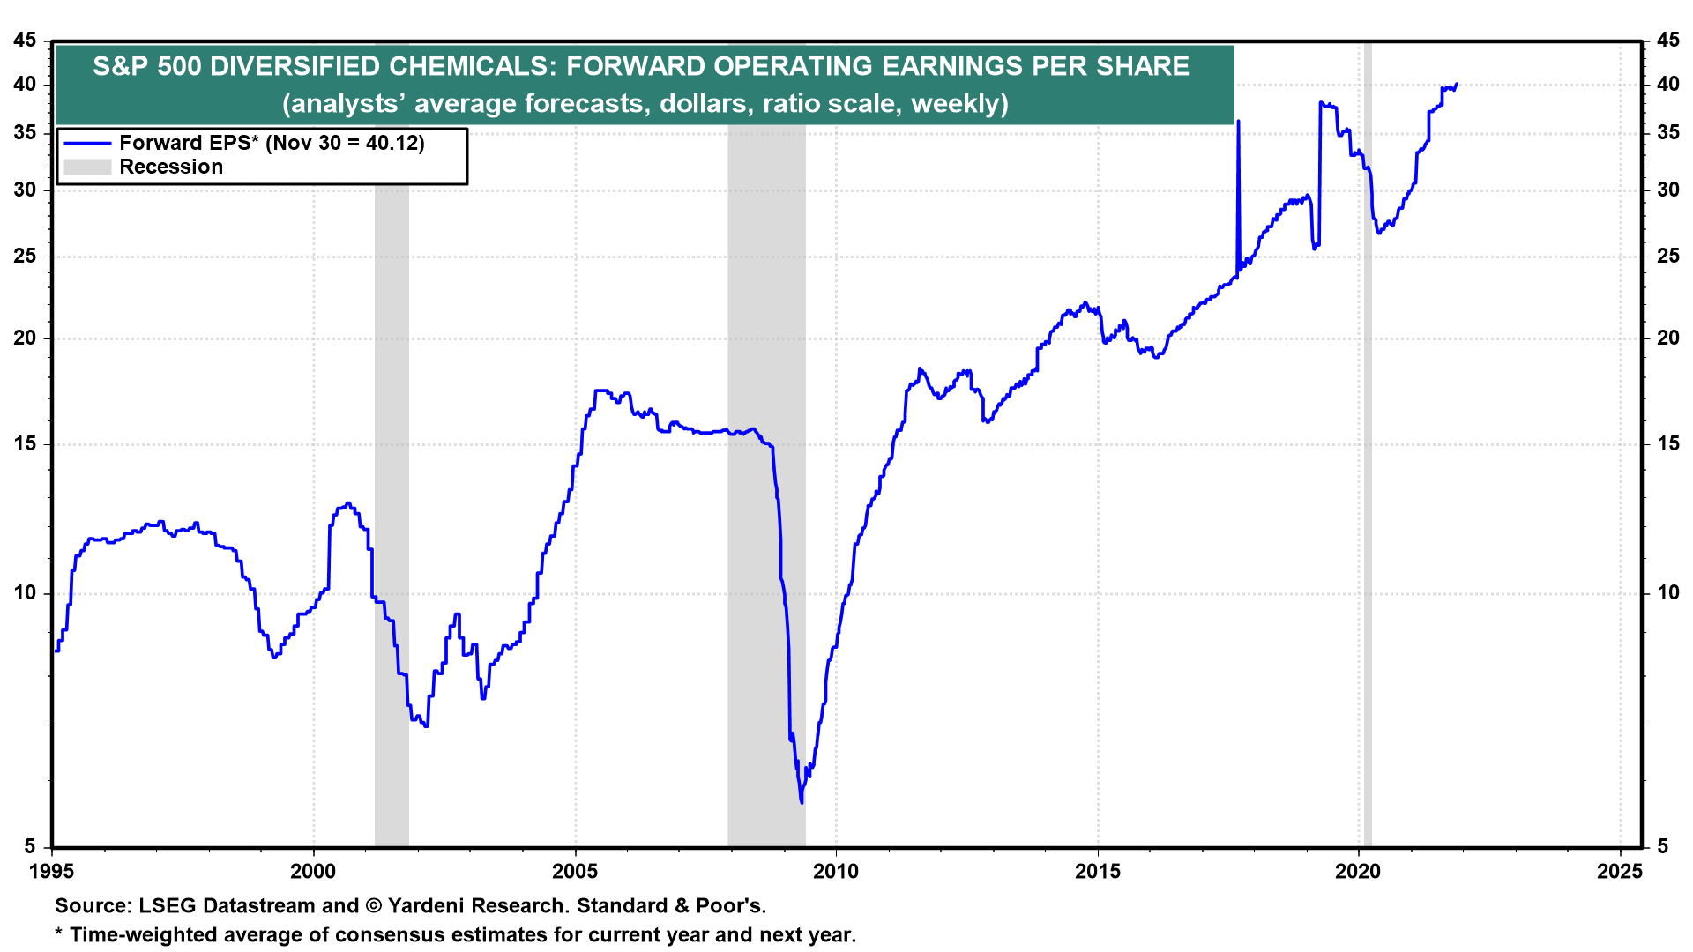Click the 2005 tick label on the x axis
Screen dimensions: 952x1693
(574, 872)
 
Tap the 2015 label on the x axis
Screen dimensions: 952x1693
(1097, 872)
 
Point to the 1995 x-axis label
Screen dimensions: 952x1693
(52, 872)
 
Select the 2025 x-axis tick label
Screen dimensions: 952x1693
(1620, 872)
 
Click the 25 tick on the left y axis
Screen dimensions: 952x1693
(26, 257)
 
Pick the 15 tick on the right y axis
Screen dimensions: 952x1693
(1667, 444)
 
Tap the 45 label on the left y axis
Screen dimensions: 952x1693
(26, 41)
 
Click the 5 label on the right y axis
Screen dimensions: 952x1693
(1662, 847)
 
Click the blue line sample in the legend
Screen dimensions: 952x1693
(87, 143)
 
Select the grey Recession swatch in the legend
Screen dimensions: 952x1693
(87, 167)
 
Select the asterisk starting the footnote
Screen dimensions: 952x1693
(59, 933)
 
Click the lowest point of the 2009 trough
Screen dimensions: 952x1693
(802, 802)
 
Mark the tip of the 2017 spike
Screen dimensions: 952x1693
(1239, 121)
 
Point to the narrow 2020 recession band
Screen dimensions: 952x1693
(1368, 441)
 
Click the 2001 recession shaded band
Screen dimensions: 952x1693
(392, 441)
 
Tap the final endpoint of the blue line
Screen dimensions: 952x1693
(1456, 85)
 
